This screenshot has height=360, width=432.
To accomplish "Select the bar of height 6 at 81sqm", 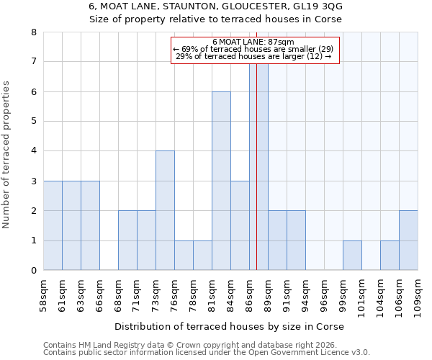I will [x=221, y=181].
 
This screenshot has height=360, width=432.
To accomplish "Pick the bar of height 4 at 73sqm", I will [x=165, y=210].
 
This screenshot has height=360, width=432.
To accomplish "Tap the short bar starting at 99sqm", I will [x=352, y=256].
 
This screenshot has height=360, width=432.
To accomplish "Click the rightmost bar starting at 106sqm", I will [x=408, y=240].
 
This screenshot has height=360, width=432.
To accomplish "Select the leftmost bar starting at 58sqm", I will [x=53, y=225].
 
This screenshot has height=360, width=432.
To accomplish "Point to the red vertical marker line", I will [x=257, y=180].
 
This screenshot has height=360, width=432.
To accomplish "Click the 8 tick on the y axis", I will [x=33, y=32].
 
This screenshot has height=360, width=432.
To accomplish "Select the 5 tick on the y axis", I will [x=33, y=122].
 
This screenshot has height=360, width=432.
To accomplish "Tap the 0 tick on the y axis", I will [x=33, y=271].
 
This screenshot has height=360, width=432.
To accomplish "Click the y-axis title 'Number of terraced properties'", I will [x=6, y=155].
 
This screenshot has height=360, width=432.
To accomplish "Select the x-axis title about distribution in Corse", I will [x=229, y=326].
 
